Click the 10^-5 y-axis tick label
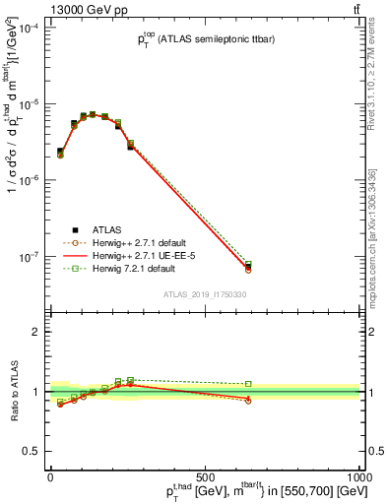point(30,104)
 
